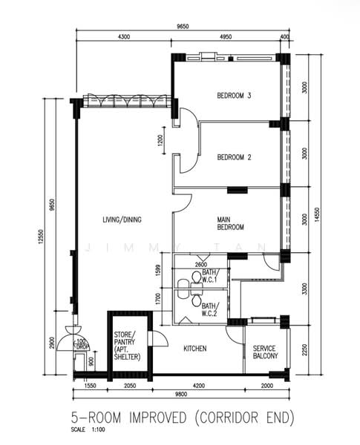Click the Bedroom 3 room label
click(x=234, y=96)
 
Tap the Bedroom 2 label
click(x=234, y=157)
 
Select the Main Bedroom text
click(x=230, y=223)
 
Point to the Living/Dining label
click(x=122, y=220)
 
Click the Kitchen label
click(x=195, y=349)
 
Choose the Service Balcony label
click(x=265, y=352)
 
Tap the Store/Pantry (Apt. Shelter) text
click(x=127, y=346)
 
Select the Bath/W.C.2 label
click(x=210, y=309)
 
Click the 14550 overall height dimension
click(x=318, y=215)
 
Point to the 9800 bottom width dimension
click(x=181, y=394)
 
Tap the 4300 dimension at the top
click(x=124, y=36)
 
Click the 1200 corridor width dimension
click(x=160, y=140)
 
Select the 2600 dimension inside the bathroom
click(x=201, y=265)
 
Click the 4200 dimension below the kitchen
click(x=198, y=386)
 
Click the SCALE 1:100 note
click(x=88, y=429)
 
